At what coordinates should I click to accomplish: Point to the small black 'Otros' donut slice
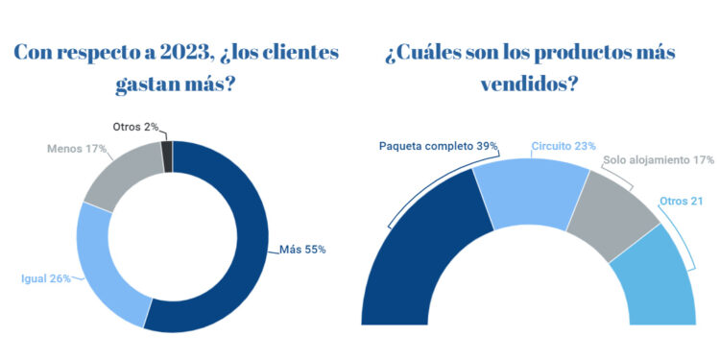(167, 155)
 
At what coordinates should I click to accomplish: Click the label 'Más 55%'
(302, 250)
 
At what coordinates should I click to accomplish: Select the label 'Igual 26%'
(46, 280)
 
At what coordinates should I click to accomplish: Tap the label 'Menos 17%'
(77, 150)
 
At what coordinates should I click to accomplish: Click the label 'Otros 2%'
(133, 127)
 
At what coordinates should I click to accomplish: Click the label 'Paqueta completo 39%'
(438, 146)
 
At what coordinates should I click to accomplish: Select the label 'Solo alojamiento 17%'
(659, 161)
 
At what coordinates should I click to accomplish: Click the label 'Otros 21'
(682, 200)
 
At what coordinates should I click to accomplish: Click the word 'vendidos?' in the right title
(529, 84)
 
